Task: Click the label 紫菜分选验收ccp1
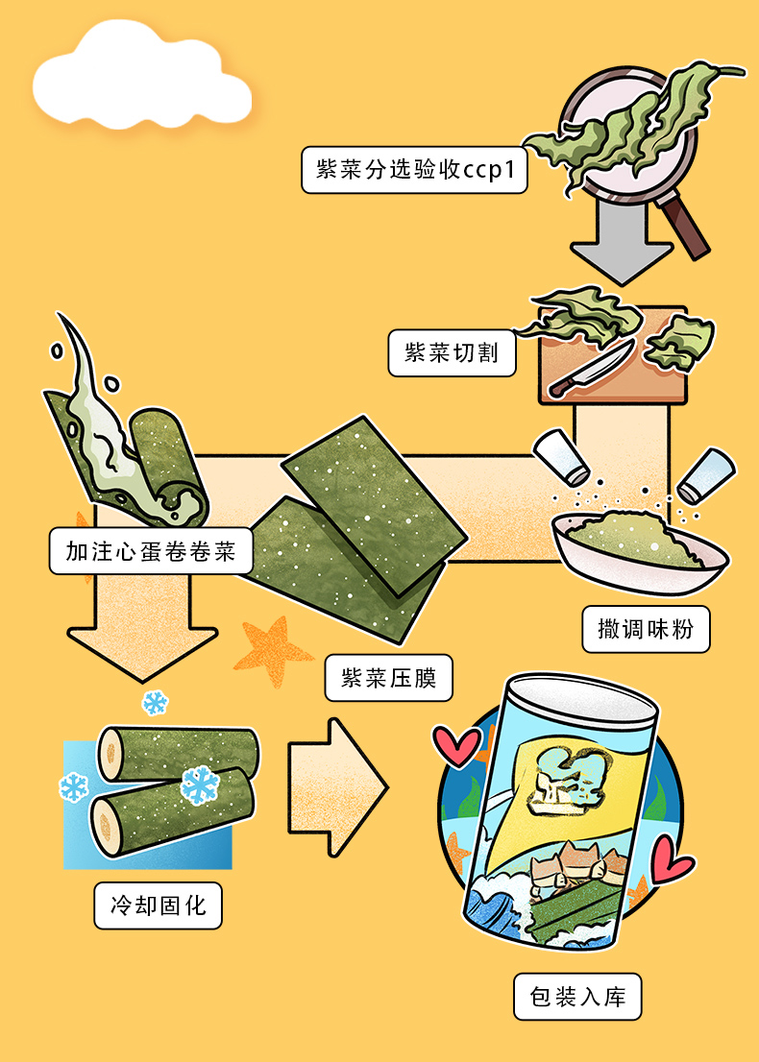pos(414,170)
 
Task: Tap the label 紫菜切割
pos(452,352)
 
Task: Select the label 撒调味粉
pos(646,630)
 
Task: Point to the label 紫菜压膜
pos(389,678)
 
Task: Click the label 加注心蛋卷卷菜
pos(150,551)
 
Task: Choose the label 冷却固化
pos(158,905)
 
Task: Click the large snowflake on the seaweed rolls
pos(200,784)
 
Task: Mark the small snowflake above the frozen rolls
pos(154,702)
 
